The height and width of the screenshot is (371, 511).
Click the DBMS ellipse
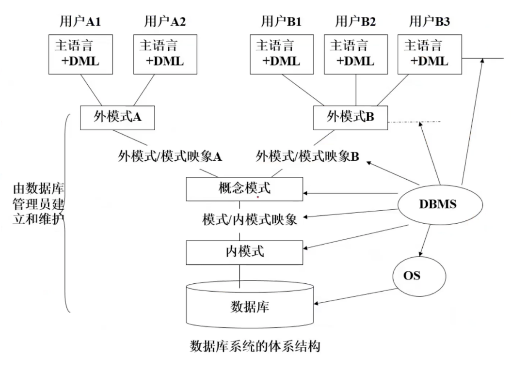click(x=437, y=204)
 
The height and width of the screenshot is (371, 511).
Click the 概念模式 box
click(x=245, y=188)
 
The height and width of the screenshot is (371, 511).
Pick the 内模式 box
click(x=245, y=252)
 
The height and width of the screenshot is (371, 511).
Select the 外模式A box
click(x=118, y=117)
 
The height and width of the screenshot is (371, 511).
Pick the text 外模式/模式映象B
click(x=307, y=156)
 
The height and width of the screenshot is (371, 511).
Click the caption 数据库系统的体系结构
click(x=255, y=347)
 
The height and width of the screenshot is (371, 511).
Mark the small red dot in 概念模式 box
click(x=257, y=198)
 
